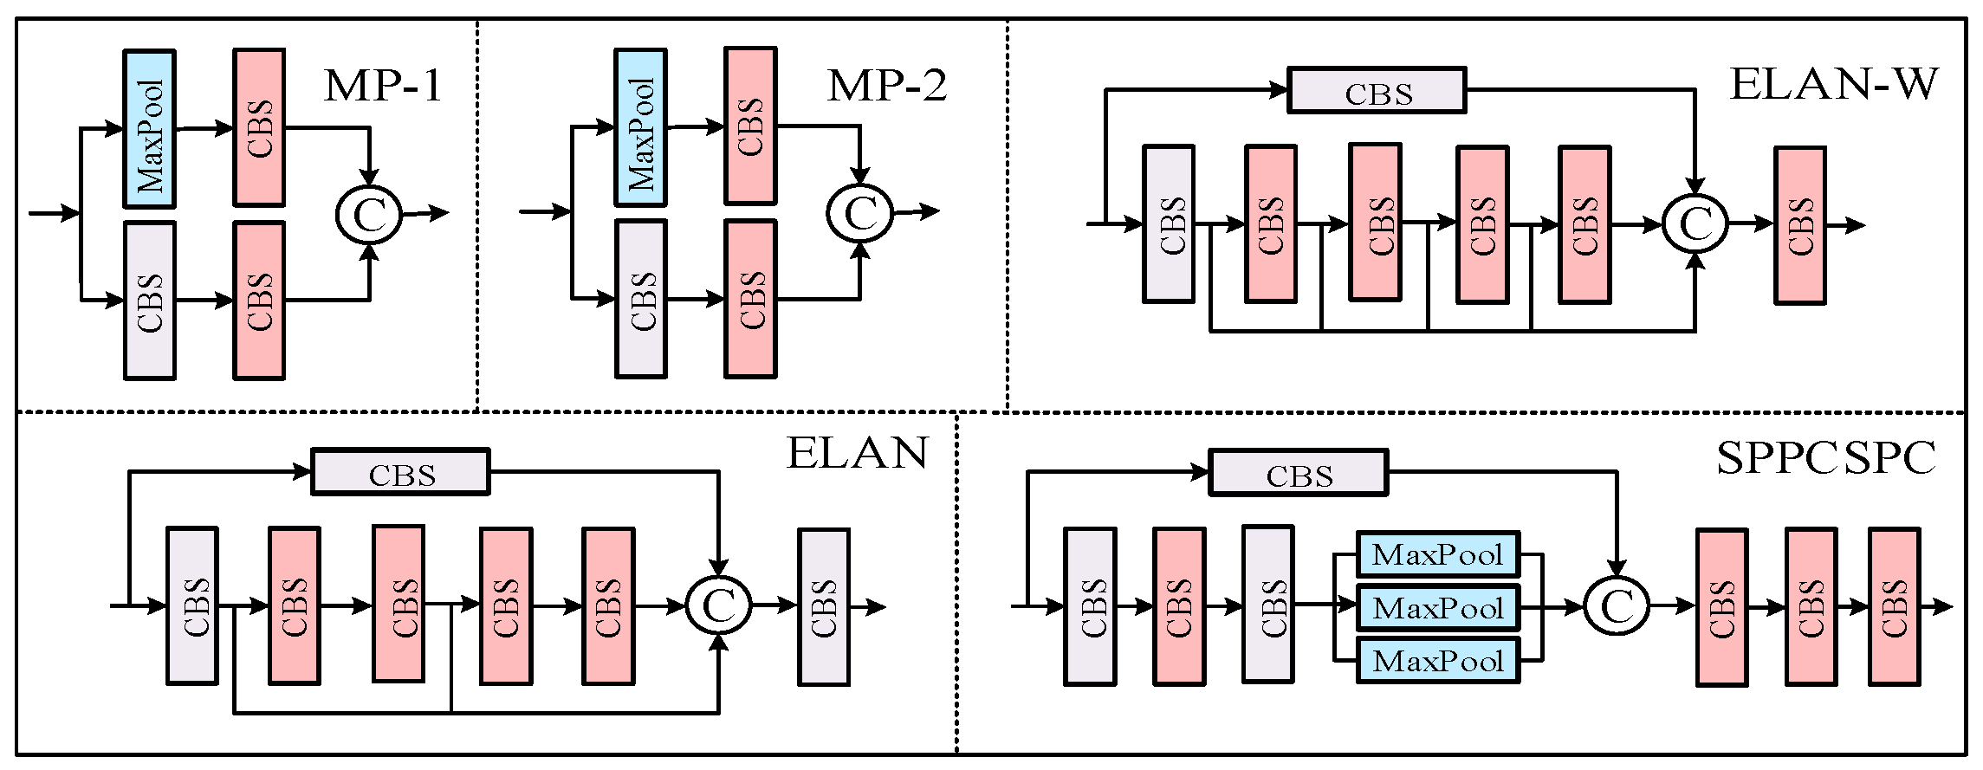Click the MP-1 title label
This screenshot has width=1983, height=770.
pos(383,86)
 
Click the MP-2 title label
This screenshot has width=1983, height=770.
pos(886,86)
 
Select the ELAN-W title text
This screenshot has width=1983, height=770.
pos(1833,85)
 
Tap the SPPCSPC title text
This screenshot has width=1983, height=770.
pos(1825,458)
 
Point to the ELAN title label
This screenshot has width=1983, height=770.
pos(857,453)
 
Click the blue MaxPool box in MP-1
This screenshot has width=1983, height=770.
pos(150,129)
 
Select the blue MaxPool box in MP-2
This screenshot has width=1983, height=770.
pos(640,128)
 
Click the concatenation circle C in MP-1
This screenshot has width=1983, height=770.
pos(370,214)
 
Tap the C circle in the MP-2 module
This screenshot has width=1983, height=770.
pos(859,212)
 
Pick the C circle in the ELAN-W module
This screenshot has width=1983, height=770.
pos(1695,223)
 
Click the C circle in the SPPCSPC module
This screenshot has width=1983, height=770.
pos(1617,605)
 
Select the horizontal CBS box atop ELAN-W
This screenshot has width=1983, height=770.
pos(1377,91)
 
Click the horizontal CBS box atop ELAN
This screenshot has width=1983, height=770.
pos(400,473)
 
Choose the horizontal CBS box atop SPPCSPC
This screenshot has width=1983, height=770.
pos(1298,473)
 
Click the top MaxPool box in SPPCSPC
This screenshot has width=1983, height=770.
pos(1437,554)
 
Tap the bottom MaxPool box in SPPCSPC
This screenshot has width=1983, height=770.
pos(1437,661)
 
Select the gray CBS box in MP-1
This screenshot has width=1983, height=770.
pos(150,301)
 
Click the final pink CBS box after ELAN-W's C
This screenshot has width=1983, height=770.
pos(1799,225)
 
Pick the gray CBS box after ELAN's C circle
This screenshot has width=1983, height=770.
pos(823,606)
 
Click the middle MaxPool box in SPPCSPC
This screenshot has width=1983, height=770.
pos(1437,607)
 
